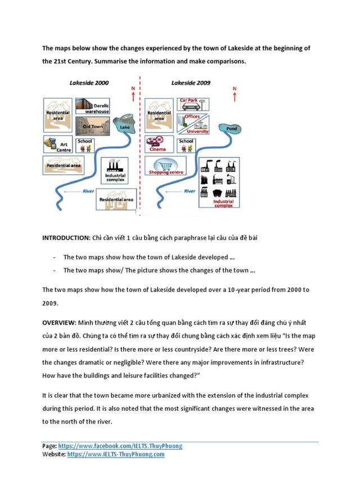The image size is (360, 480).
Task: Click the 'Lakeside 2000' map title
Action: point(89,83)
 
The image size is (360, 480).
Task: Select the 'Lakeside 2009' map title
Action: point(191,83)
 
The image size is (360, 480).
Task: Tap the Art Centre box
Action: point(57,145)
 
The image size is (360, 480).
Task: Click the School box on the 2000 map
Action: point(85,145)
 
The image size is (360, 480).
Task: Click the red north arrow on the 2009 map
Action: point(235,95)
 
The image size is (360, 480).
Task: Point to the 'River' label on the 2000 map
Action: point(88,191)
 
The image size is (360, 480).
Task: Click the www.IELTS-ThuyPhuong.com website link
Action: point(116,454)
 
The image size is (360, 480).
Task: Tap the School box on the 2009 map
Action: point(186,145)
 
